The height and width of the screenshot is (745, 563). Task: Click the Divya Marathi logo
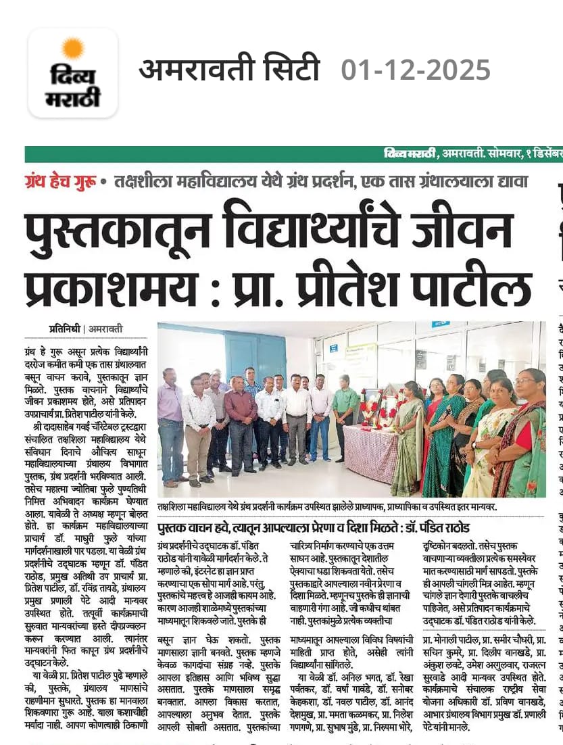73,73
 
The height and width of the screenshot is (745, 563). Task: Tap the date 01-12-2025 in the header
416,70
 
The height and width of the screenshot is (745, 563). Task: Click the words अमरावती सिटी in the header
229,70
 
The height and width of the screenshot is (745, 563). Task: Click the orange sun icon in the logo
72,49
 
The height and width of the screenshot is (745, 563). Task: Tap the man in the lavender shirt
170,426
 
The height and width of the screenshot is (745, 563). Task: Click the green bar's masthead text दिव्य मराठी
408,155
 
